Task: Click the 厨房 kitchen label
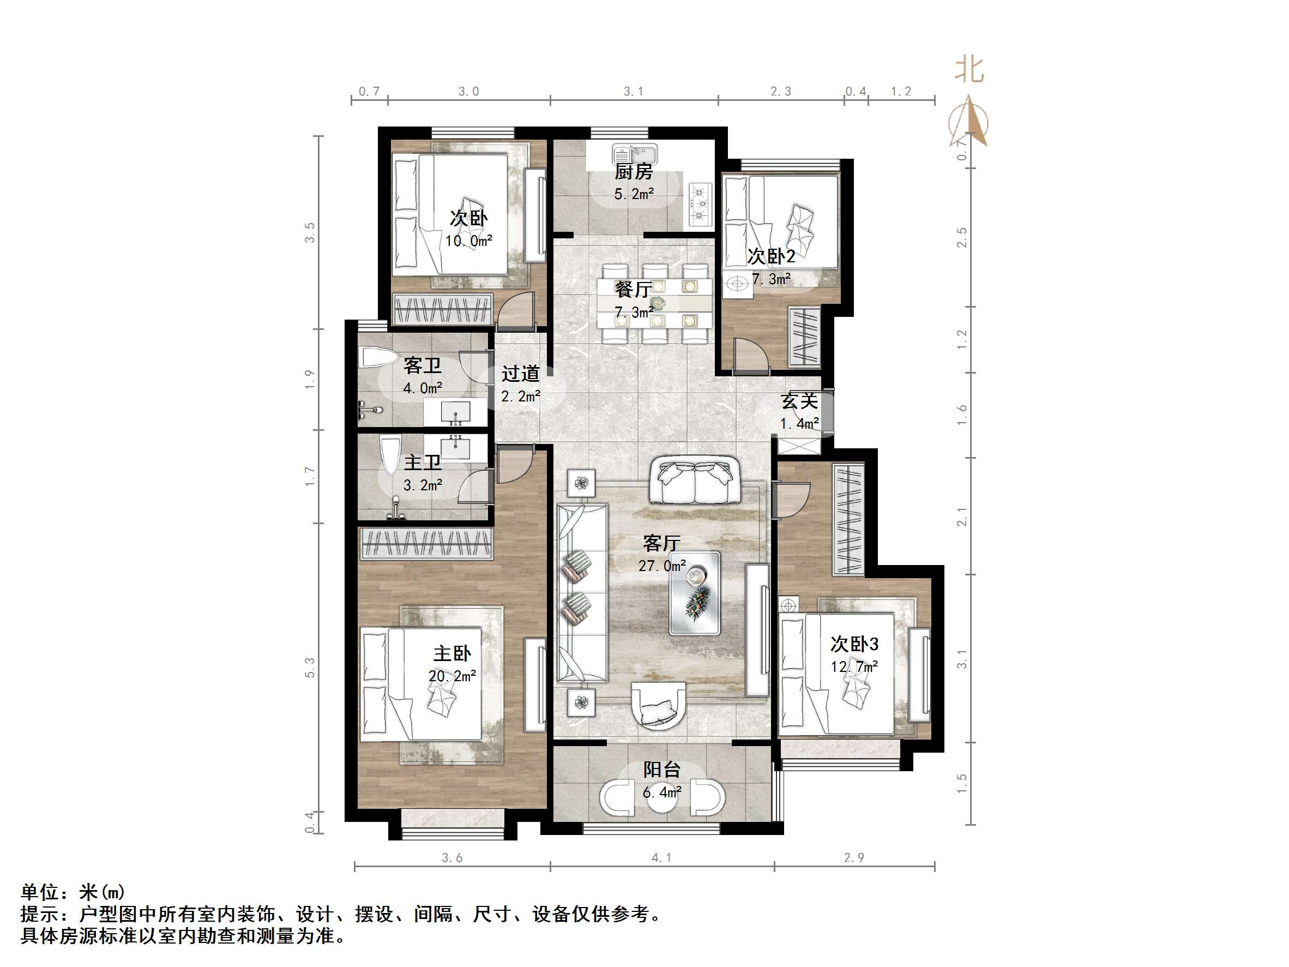point(634,172)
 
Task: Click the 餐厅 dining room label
point(634,290)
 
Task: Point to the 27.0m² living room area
point(662,566)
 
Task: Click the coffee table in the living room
point(694,593)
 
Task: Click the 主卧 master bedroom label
point(452,653)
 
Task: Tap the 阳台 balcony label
point(662,770)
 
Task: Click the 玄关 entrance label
point(799,401)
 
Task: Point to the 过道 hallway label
point(520,374)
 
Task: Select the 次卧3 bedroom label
point(854,644)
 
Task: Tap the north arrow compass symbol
point(968,122)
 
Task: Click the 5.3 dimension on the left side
point(310,667)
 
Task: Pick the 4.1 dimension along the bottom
point(661,857)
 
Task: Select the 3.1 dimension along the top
point(634,92)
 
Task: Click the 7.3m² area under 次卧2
point(771,279)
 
